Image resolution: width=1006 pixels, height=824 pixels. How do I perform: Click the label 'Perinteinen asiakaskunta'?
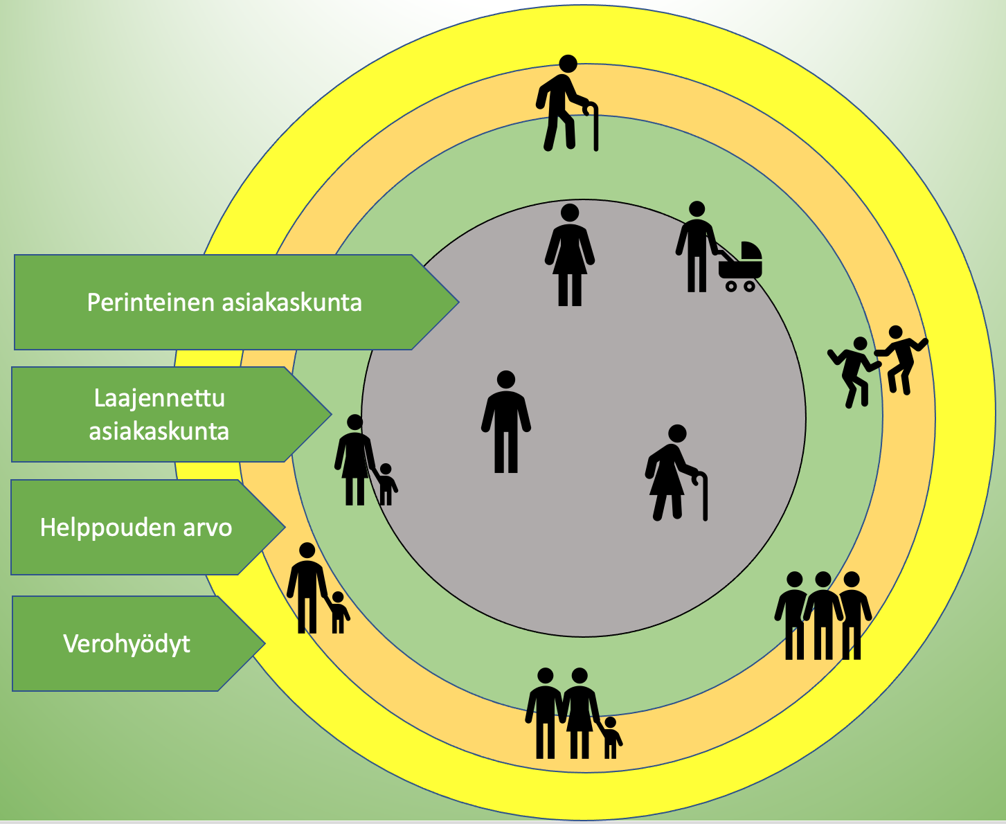pyautogui.click(x=224, y=303)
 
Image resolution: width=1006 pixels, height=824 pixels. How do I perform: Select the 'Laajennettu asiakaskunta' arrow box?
pyautogui.click(x=159, y=415)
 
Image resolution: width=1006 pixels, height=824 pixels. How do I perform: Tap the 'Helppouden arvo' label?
pyautogui.click(x=136, y=528)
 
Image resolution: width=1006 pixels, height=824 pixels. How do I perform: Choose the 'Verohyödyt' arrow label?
pyautogui.click(x=127, y=644)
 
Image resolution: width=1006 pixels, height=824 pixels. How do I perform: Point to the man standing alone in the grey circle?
pyautogui.click(x=506, y=422)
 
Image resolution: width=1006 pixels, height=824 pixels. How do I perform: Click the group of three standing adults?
pyautogui.click(x=823, y=616)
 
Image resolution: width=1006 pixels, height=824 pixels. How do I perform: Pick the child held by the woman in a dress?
pyautogui.click(x=386, y=484)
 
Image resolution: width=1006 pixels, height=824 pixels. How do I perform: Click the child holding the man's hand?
pyautogui.click(x=338, y=612)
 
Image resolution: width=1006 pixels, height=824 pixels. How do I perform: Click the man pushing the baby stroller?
pyautogui.click(x=697, y=247)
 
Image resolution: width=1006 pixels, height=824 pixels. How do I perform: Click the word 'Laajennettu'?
pyautogui.click(x=159, y=398)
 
